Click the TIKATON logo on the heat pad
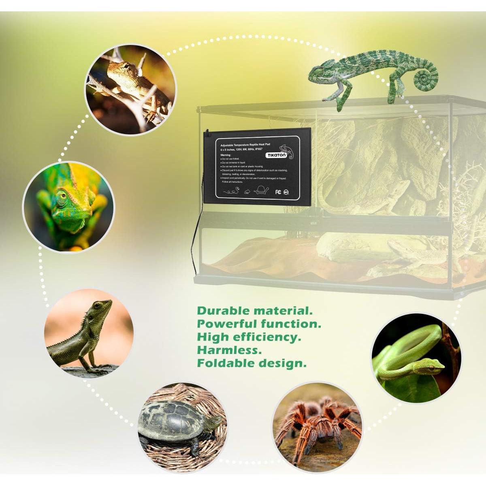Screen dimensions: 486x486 276,155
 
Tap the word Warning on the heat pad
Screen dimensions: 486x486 226,155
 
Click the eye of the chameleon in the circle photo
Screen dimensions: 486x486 61,198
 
